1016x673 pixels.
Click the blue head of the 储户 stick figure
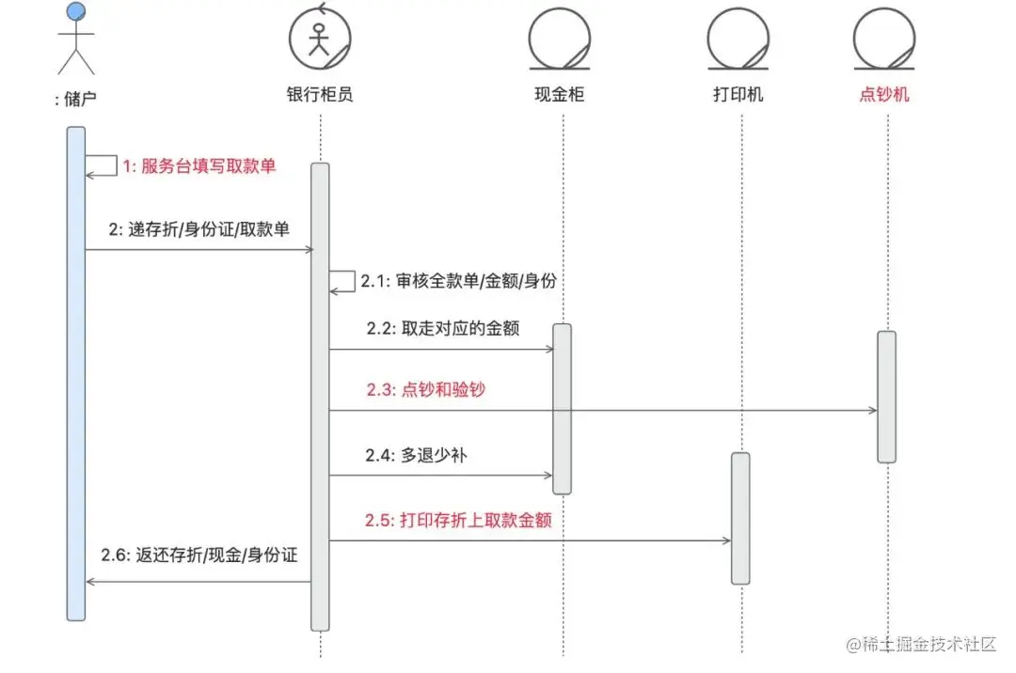(x=76, y=12)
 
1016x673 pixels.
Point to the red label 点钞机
(x=884, y=95)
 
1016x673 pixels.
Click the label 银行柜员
(x=320, y=95)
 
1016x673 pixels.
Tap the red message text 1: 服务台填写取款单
(x=199, y=166)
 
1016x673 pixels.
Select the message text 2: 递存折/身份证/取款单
(x=198, y=228)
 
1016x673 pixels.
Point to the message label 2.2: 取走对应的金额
(x=443, y=329)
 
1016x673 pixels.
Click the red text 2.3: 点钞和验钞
(x=425, y=389)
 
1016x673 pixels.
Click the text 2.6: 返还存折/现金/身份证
(x=199, y=556)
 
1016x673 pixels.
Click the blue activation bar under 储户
(x=76, y=376)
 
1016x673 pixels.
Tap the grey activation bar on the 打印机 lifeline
(x=740, y=518)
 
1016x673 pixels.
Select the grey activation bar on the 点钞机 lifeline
(x=886, y=396)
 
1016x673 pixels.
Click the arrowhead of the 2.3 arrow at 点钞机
(x=873, y=410)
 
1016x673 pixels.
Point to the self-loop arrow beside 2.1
(x=342, y=281)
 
